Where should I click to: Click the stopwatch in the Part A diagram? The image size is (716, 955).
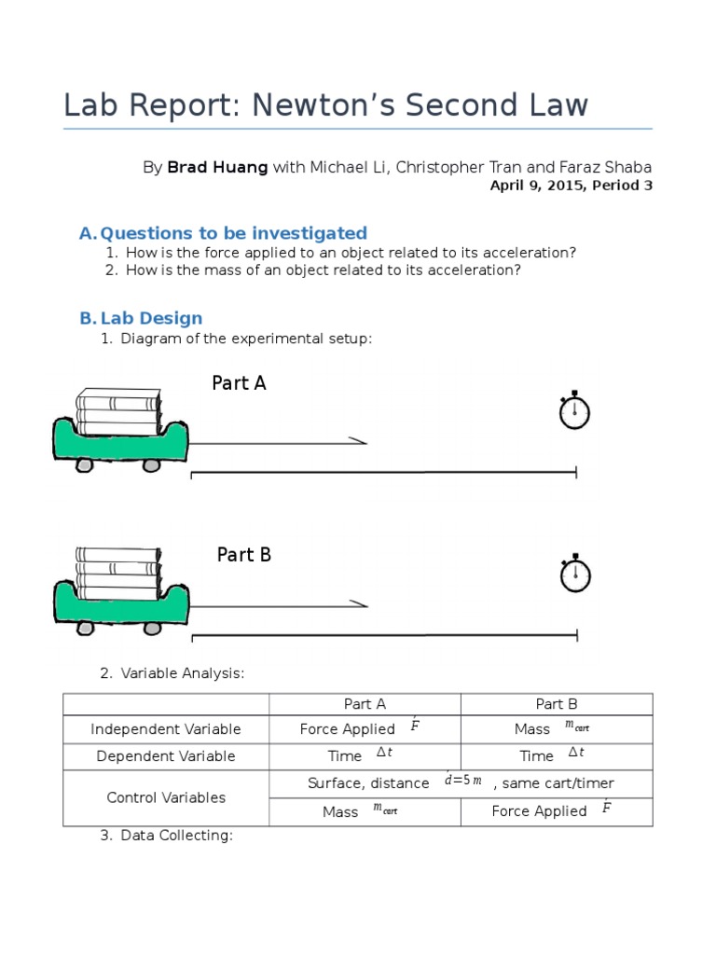(x=574, y=412)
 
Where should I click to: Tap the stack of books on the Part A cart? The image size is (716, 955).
(x=118, y=410)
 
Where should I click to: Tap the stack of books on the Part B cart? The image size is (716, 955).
(x=118, y=572)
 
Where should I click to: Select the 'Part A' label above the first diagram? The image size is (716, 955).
(x=240, y=382)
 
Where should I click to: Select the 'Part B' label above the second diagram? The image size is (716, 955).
(x=244, y=555)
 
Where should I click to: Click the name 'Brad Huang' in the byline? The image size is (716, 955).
(x=217, y=167)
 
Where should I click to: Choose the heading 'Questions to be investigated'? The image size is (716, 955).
(x=233, y=233)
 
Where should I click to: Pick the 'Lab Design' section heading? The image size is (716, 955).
(x=151, y=318)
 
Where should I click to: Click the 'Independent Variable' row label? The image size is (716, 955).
(x=166, y=729)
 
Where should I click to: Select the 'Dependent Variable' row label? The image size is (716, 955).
(x=166, y=756)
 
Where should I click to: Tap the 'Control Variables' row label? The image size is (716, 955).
(x=166, y=797)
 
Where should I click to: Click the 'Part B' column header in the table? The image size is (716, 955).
(x=557, y=704)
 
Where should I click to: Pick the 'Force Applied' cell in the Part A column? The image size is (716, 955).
(x=348, y=729)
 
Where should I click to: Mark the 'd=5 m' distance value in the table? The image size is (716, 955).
(x=463, y=782)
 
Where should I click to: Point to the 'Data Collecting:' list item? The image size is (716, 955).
(x=176, y=835)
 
